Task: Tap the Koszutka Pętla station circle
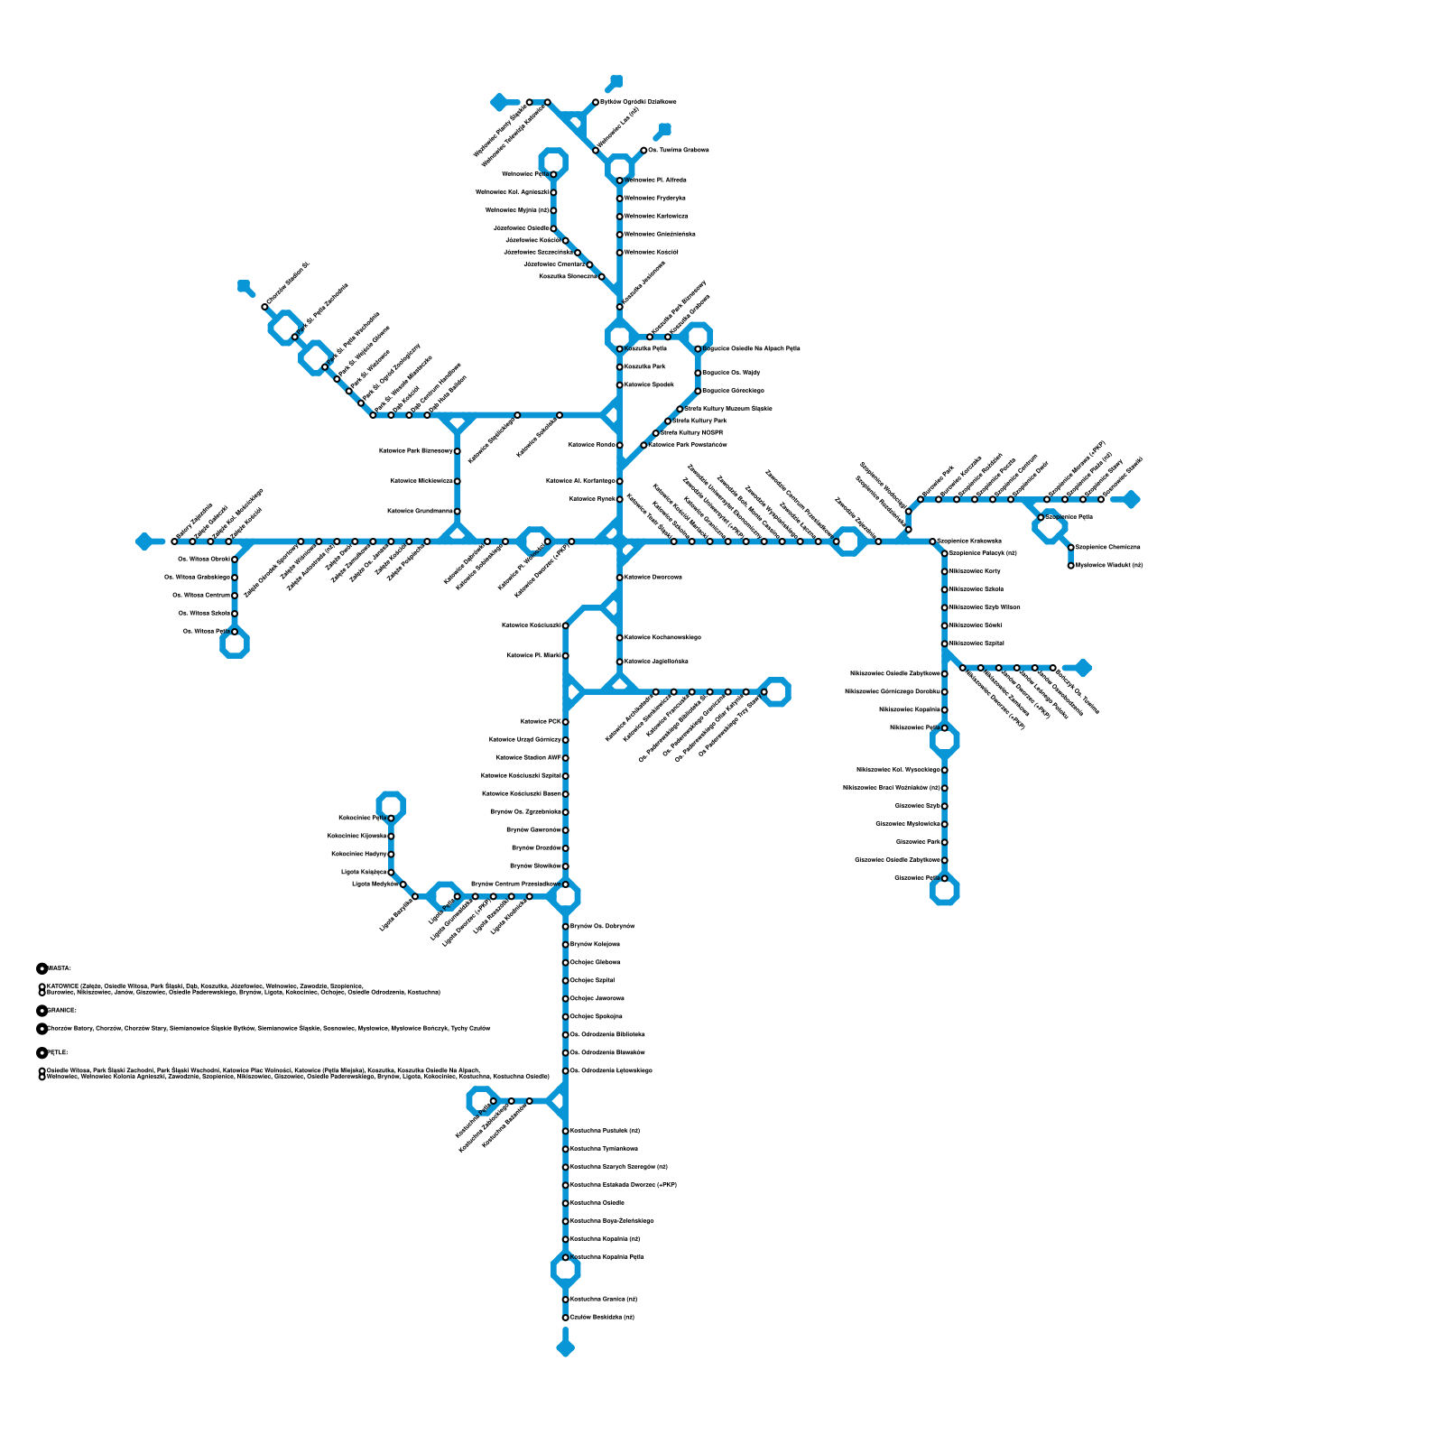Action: click(x=620, y=348)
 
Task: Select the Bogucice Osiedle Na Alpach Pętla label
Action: click(x=751, y=348)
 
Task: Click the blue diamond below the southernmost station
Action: click(x=566, y=1348)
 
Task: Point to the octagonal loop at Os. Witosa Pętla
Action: click(x=235, y=643)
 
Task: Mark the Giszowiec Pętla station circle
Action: click(x=945, y=878)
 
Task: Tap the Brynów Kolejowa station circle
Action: click(x=566, y=944)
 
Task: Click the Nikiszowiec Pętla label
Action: click(x=914, y=727)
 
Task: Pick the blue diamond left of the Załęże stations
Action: click(x=144, y=541)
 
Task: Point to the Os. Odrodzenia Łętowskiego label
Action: click(x=611, y=1070)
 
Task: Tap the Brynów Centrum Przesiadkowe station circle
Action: click(x=566, y=884)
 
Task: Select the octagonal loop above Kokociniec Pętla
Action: click(x=391, y=805)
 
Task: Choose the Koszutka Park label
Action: click(x=645, y=366)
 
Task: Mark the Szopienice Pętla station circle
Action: click(x=1041, y=517)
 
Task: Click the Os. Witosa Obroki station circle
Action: click(x=235, y=560)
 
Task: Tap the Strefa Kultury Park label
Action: click(x=699, y=421)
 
